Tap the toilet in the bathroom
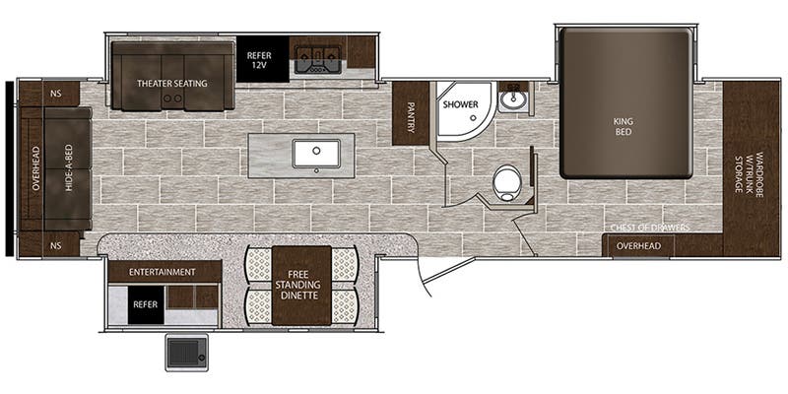pos(506,183)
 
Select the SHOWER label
pos(460,104)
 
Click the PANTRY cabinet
pos(411,113)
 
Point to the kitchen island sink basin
pos(316,154)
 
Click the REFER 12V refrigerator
pos(262,59)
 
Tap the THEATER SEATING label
pos(172,84)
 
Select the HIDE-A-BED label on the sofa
pos(69,168)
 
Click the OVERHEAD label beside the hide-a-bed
pos(35,168)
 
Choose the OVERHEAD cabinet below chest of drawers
pos(638,246)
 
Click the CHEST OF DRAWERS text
pos(650,229)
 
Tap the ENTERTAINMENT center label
pos(162,273)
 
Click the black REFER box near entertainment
pos(146,304)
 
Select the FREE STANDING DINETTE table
pos(301,286)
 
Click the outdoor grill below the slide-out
pos(187,352)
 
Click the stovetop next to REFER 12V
pos(317,60)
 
